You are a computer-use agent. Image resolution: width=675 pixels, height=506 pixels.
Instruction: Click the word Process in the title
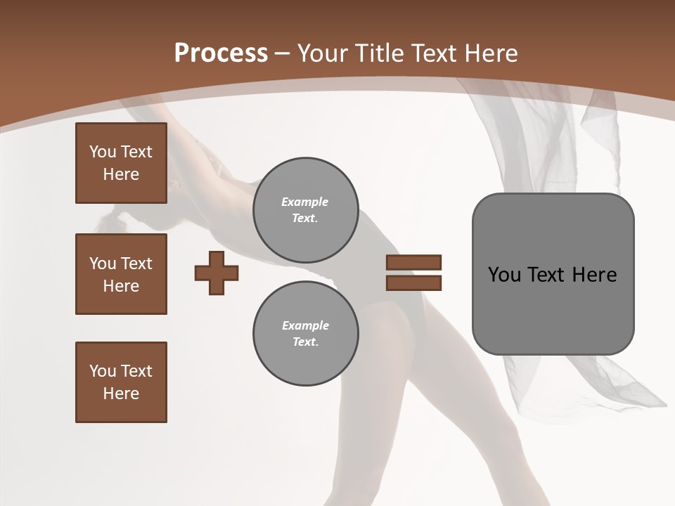tap(221, 53)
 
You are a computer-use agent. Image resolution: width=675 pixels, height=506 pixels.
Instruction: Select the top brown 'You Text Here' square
tap(121, 163)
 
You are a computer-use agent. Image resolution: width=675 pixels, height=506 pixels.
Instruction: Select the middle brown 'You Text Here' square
tap(121, 274)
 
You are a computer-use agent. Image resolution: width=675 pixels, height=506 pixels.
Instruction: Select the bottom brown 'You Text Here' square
tap(121, 382)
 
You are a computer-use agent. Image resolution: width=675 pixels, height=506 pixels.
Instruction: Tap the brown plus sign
tap(217, 273)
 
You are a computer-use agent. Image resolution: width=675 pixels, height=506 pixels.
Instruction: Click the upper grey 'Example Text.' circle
tap(305, 209)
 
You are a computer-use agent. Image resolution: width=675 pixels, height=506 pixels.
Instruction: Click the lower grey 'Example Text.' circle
tap(305, 333)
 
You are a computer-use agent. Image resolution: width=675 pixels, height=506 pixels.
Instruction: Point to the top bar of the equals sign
tap(413, 263)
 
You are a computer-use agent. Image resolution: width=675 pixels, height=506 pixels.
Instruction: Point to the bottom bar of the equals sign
tap(413, 283)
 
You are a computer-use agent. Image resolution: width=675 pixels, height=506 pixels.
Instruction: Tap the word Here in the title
tap(491, 53)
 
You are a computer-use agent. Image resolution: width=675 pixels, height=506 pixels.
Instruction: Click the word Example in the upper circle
tap(305, 202)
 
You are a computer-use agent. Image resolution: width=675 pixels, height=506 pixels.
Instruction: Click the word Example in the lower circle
tap(305, 325)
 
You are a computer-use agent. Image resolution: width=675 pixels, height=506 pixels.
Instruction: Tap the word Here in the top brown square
tap(121, 174)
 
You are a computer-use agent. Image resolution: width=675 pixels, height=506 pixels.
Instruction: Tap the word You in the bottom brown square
tap(102, 371)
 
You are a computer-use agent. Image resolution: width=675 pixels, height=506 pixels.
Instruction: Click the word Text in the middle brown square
tap(136, 264)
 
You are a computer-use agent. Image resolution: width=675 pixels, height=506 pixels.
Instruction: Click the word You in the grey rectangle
tap(504, 275)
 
